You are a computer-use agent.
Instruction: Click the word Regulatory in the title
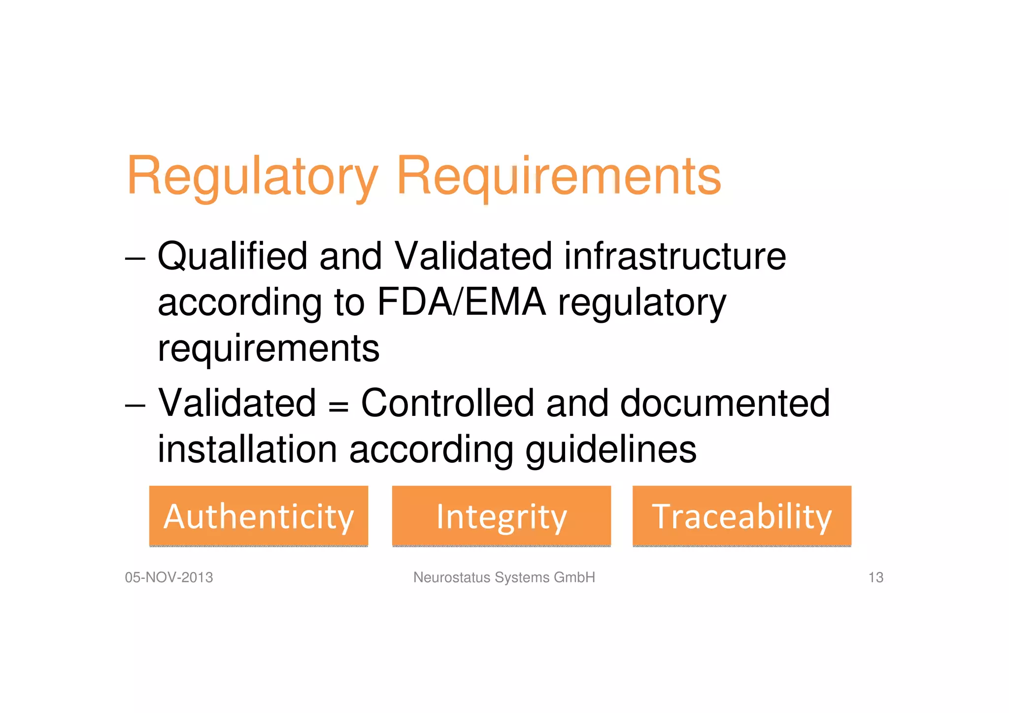click(x=252, y=176)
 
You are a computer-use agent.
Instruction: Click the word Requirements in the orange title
click(x=559, y=176)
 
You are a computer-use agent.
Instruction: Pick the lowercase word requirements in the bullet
click(x=269, y=348)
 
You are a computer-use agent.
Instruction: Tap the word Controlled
click(x=447, y=403)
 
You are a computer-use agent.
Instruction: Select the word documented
click(x=725, y=403)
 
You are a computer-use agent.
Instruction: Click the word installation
click(x=247, y=449)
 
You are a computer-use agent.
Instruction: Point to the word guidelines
click(x=611, y=450)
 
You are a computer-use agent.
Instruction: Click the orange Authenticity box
click(x=259, y=516)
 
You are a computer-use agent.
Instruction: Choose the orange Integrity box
click(x=502, y=516)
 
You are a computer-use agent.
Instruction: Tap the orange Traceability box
click(x=742, y=516)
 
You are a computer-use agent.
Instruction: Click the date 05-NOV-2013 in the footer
click(x=169, y=577)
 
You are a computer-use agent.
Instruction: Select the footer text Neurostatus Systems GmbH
click(x=504, y=577)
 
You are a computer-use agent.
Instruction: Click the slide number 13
click(x=875, y=577)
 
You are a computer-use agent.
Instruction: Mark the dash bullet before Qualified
click(x=135, y=259)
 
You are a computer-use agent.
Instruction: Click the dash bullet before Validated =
click(x=135, y=406)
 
